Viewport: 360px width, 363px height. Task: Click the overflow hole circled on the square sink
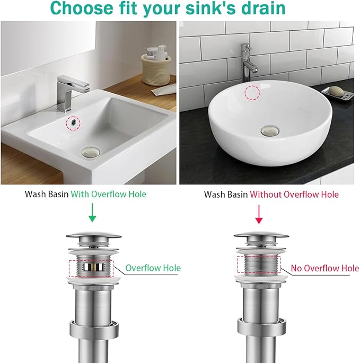[x=71, y=122]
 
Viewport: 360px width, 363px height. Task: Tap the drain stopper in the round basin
[x=269, y=129]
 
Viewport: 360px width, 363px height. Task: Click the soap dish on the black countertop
[x=337, y=94]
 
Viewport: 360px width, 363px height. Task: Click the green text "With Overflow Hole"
[x=108, y=194]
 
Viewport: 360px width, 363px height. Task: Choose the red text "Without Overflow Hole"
[x=294, y=194]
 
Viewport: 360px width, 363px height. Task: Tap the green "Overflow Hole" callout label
[x=153, y=268]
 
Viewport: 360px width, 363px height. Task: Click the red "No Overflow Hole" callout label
[x=324, y=268]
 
